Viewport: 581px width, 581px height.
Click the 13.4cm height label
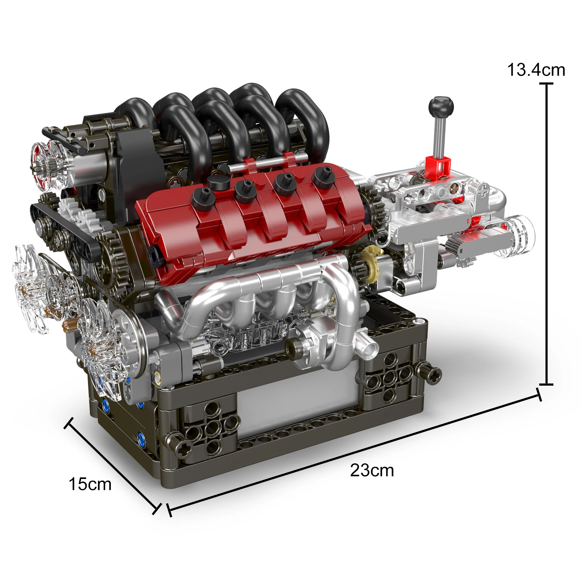coord(536,70)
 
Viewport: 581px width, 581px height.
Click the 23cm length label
coord(372,471)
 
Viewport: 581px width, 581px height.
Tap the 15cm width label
coord(90,484)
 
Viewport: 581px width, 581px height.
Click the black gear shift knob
coord(441,105)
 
